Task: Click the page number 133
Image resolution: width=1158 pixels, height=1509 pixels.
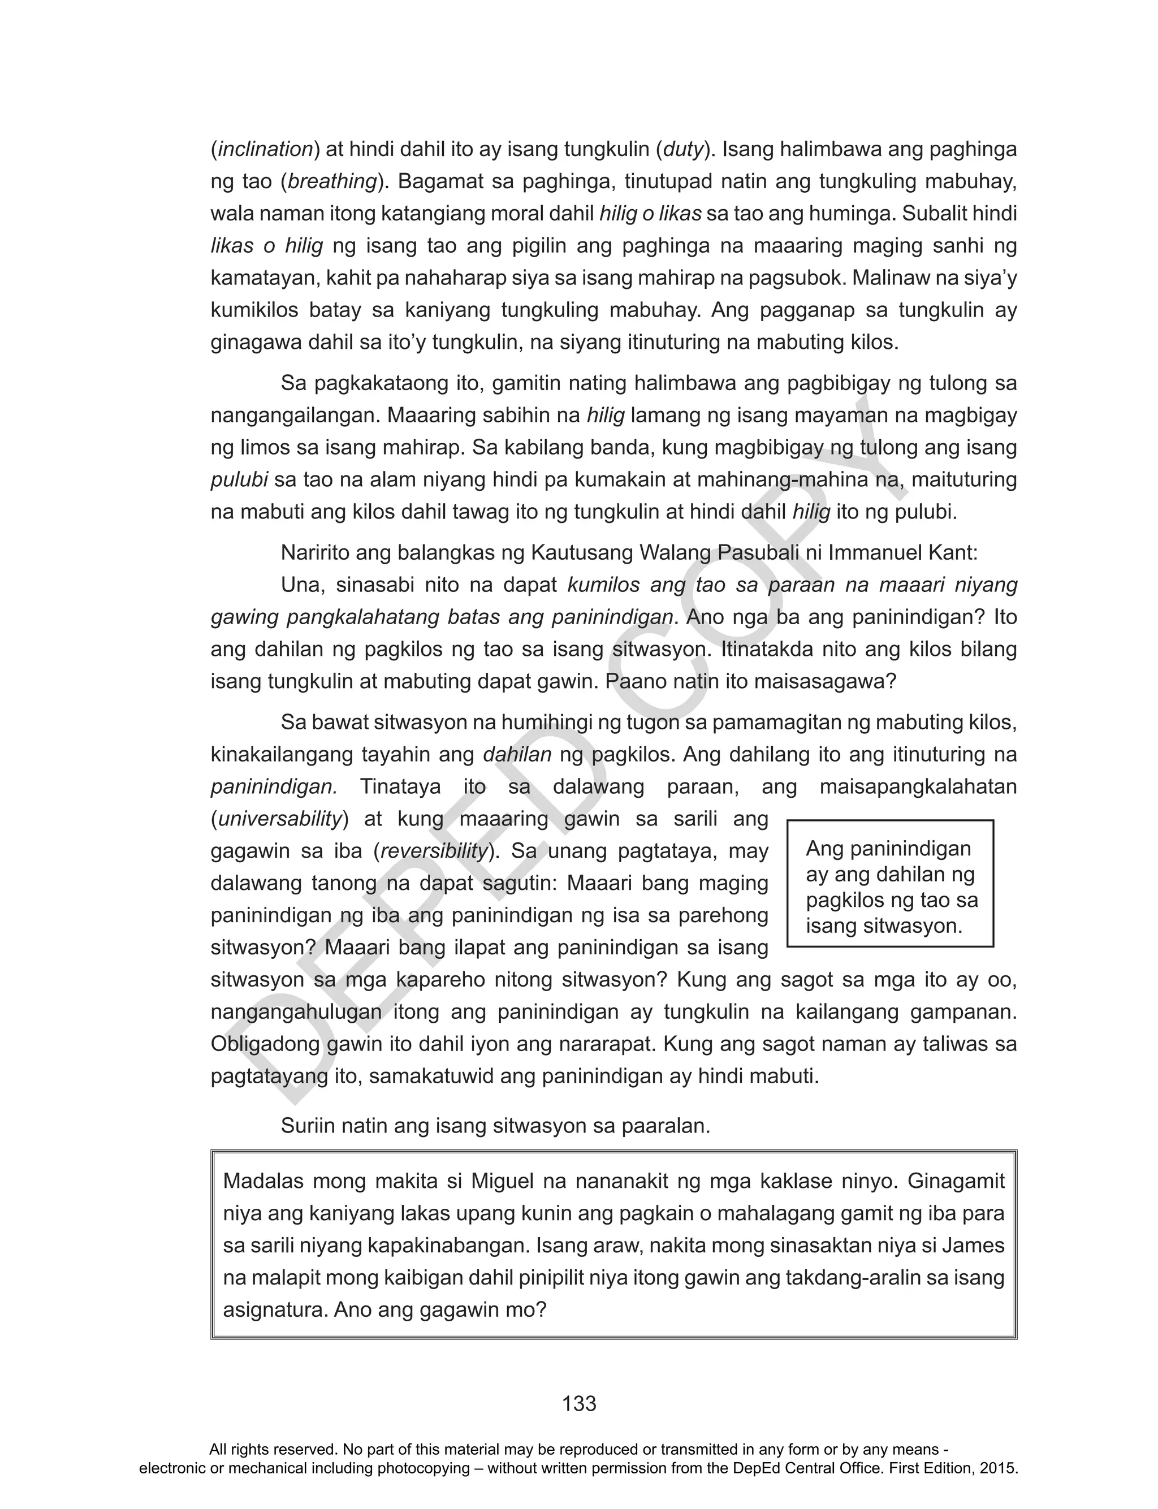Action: pos(578,1403)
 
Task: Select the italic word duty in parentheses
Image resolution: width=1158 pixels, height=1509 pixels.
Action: pos(684,149)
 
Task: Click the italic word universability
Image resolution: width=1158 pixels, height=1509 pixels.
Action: pos(280,819)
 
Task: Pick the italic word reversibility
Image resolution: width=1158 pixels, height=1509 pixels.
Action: pos(434,851)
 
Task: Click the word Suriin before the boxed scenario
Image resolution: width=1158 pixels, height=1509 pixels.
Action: pos(308,1126)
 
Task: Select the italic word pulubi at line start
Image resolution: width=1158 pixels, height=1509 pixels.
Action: pos(239,479)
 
